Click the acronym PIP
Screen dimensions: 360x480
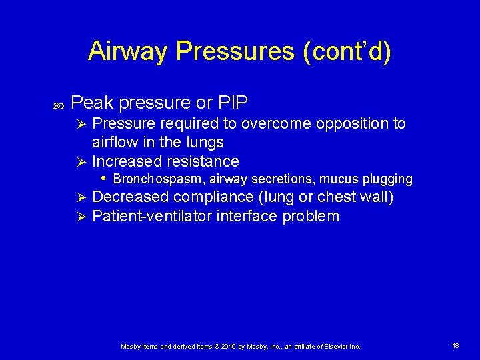pyautogui.click(x=233, y=102)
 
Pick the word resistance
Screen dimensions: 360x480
pyautogui.click(x=199, y=161)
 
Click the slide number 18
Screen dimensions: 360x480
pyautogui.click(x=455, y=346)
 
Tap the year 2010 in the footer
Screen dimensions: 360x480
pyautogui.click(x=227, y=347)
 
